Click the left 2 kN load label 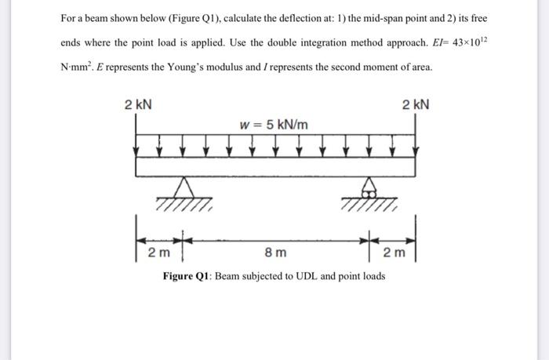pyautogui.click(x=140, y=105)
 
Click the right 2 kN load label pyautogui.click(x=415, y=105)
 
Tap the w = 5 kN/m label pyautogui.click(x=274, y=124)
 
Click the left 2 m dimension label pyautogui.click(x=158, y=253)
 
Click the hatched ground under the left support pyautogui.click(x=185, y=207)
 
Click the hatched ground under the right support pyautogui.click(x=369, y=207)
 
